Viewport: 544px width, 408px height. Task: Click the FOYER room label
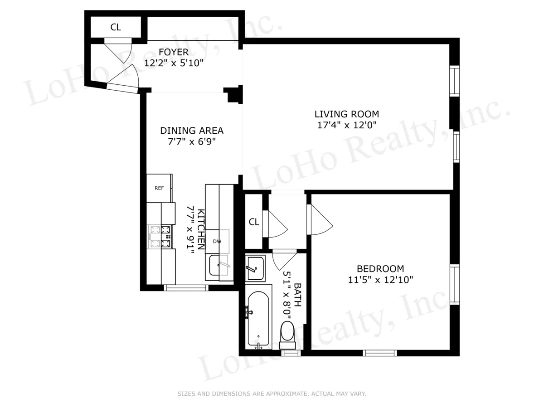(x=173, y=53)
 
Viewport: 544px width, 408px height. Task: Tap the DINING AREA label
(x=192, y=131)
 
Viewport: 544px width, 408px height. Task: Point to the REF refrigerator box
(x=159, y=188)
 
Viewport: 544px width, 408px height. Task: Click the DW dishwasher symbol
(x=218, y=241)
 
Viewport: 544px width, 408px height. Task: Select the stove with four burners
(x=161, y=237)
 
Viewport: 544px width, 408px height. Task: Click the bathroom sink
(x=257, y=267)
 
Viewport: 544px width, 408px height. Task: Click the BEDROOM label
(x=380, y=269)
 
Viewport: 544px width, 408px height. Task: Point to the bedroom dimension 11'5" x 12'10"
(x=380, y=280)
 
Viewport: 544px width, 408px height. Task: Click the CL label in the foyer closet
(x=116, y=27)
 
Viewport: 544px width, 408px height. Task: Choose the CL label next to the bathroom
(x=254, y=222)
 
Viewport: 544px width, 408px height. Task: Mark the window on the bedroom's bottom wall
(x=380, y=353)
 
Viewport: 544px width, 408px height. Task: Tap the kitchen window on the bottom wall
(x=185, y=287)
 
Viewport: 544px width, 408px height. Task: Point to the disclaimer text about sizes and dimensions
(x=272, y=394)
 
